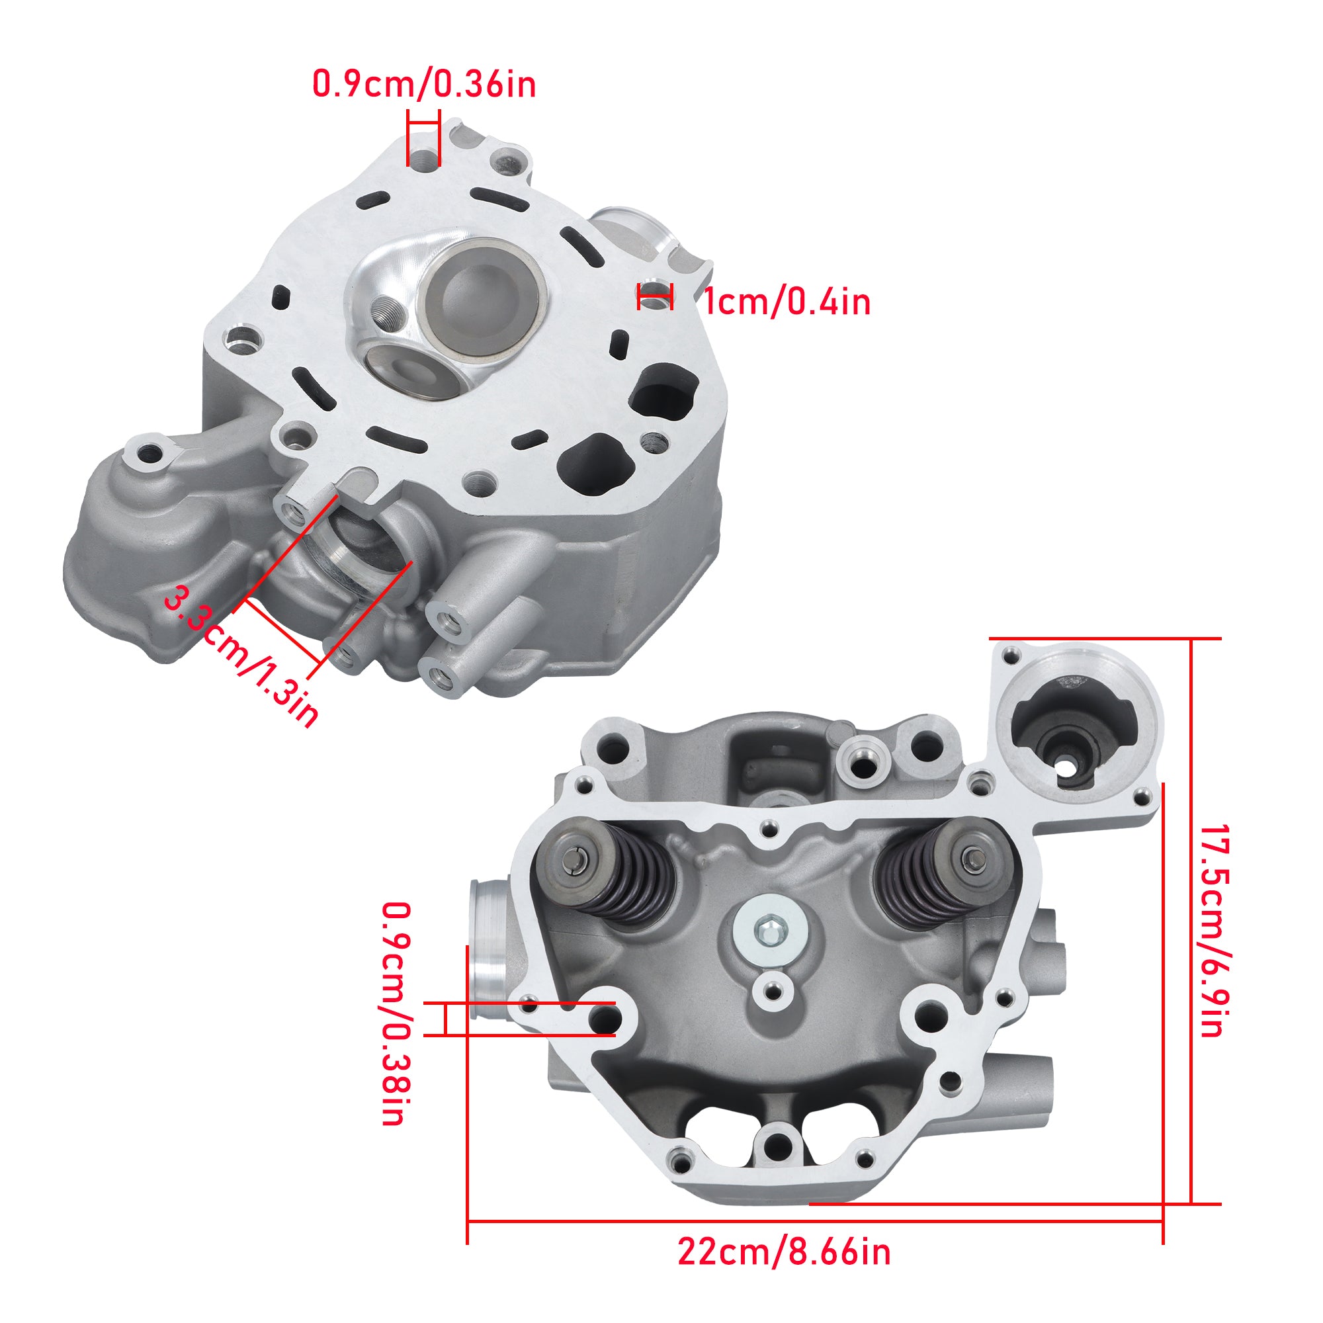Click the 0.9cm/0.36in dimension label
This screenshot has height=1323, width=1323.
click(424, 84)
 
